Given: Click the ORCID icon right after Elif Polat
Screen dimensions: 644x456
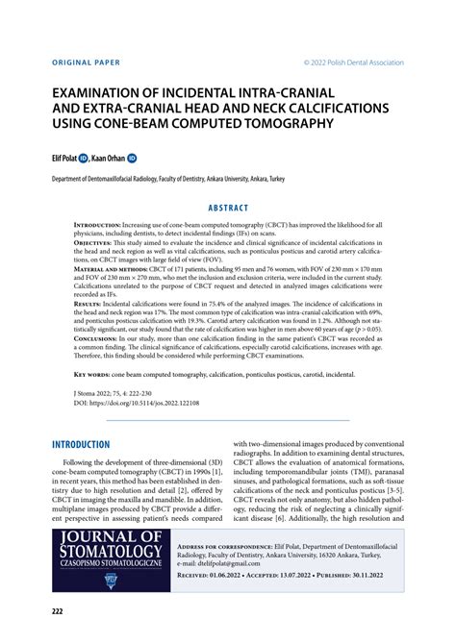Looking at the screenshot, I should click(x=86, y=156).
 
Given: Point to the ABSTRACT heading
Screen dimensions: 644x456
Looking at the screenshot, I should click(x=228, y=208).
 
